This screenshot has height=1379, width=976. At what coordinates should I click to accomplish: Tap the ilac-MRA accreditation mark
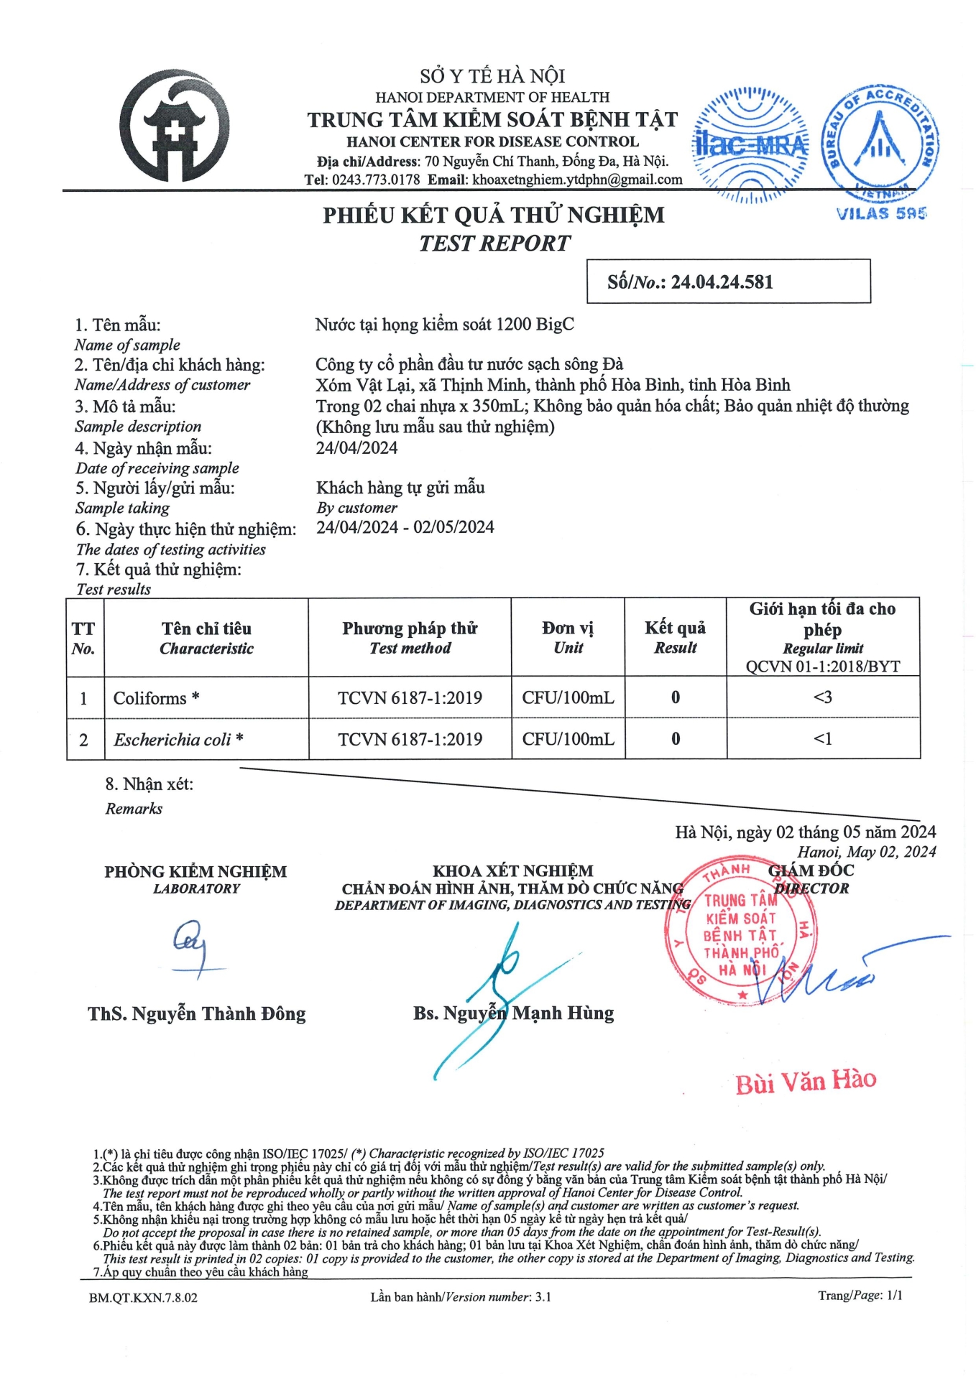[750, 145]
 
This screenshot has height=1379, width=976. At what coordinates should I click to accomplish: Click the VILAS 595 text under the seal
[881, 213]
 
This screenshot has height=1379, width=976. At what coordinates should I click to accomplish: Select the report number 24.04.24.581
[722, 282]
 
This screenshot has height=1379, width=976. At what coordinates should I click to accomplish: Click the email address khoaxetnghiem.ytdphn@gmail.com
[577, 180]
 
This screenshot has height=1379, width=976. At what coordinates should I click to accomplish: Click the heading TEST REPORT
[494, 243]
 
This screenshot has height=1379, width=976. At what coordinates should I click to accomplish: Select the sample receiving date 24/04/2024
[356, 448]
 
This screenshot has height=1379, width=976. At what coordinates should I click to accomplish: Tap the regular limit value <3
[822, 697]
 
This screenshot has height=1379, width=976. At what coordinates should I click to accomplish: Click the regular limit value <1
[822, 738]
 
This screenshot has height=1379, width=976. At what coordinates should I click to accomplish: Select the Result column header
[675, 637]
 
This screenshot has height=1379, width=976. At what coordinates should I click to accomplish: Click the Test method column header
[410, 638]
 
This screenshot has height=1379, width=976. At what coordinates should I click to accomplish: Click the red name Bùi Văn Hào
[806, 1081]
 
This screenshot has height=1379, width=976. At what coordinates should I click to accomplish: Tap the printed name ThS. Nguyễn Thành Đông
[197, 1014]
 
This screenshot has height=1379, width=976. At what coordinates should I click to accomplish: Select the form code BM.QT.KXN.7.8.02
[143, 1297]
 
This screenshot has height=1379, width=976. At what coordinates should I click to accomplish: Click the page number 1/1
[894, 1295]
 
